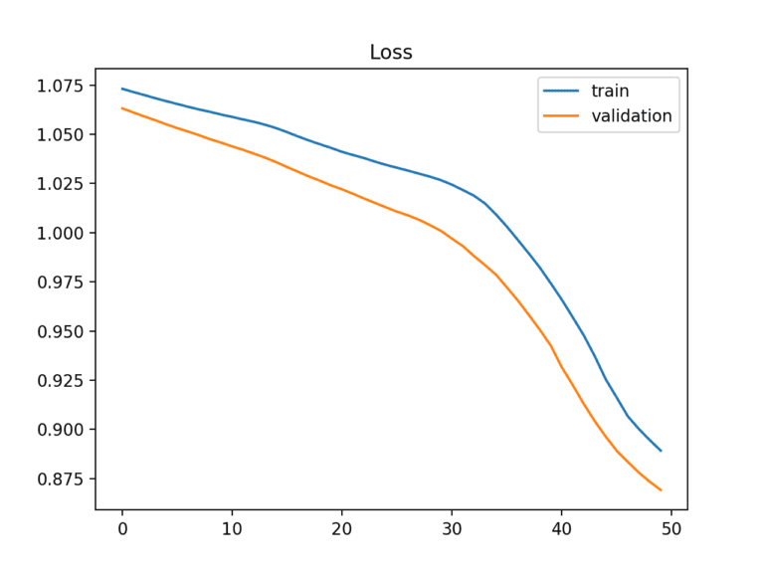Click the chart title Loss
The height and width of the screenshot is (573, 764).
[x=390, y=53]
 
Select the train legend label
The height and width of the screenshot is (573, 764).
[x=610, y=92]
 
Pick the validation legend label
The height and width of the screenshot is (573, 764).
[x=632, y=116]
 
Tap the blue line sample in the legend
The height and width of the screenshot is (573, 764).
[x=562, y=92]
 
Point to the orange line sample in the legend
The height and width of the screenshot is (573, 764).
[x=562, y=116]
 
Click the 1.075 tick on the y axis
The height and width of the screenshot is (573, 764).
[x=61, y=86]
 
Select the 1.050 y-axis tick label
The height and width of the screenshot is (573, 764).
[x=61, y=134]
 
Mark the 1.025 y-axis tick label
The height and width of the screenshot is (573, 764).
[x=61, y=184]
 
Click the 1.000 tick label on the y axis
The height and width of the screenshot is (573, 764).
[x=61, y=233]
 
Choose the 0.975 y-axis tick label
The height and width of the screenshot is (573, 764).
[x=61, y=283]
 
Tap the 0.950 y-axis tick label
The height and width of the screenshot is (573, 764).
[x=61, y=331]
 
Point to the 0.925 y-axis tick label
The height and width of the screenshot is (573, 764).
[x=61, y=381]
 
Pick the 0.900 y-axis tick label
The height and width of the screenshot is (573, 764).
[x=61, y=430]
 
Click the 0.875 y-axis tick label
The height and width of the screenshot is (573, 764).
[x=61, y=479]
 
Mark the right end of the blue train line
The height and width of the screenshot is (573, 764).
[x=661, y=451]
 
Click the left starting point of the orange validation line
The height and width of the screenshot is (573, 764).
[x=122, y=107]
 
